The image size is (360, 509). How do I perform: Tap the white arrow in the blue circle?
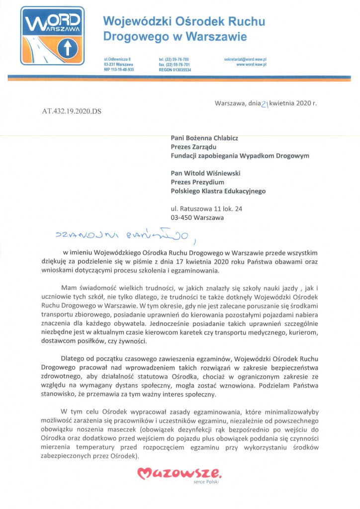66,49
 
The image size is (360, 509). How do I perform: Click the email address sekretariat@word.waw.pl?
246,59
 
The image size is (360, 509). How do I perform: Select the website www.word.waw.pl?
252,65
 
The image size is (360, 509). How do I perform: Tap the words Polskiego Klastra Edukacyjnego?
218,191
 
